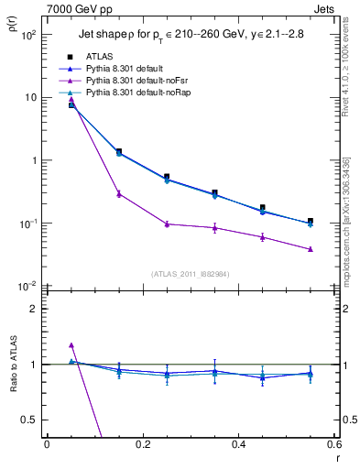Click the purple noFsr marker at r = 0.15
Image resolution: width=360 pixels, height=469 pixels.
point(119,193)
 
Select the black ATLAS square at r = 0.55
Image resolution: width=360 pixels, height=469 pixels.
point(311,221)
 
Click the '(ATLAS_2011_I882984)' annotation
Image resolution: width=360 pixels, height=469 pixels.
point(191,274)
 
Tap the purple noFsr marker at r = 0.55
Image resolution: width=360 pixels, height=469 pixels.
point(311,249)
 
